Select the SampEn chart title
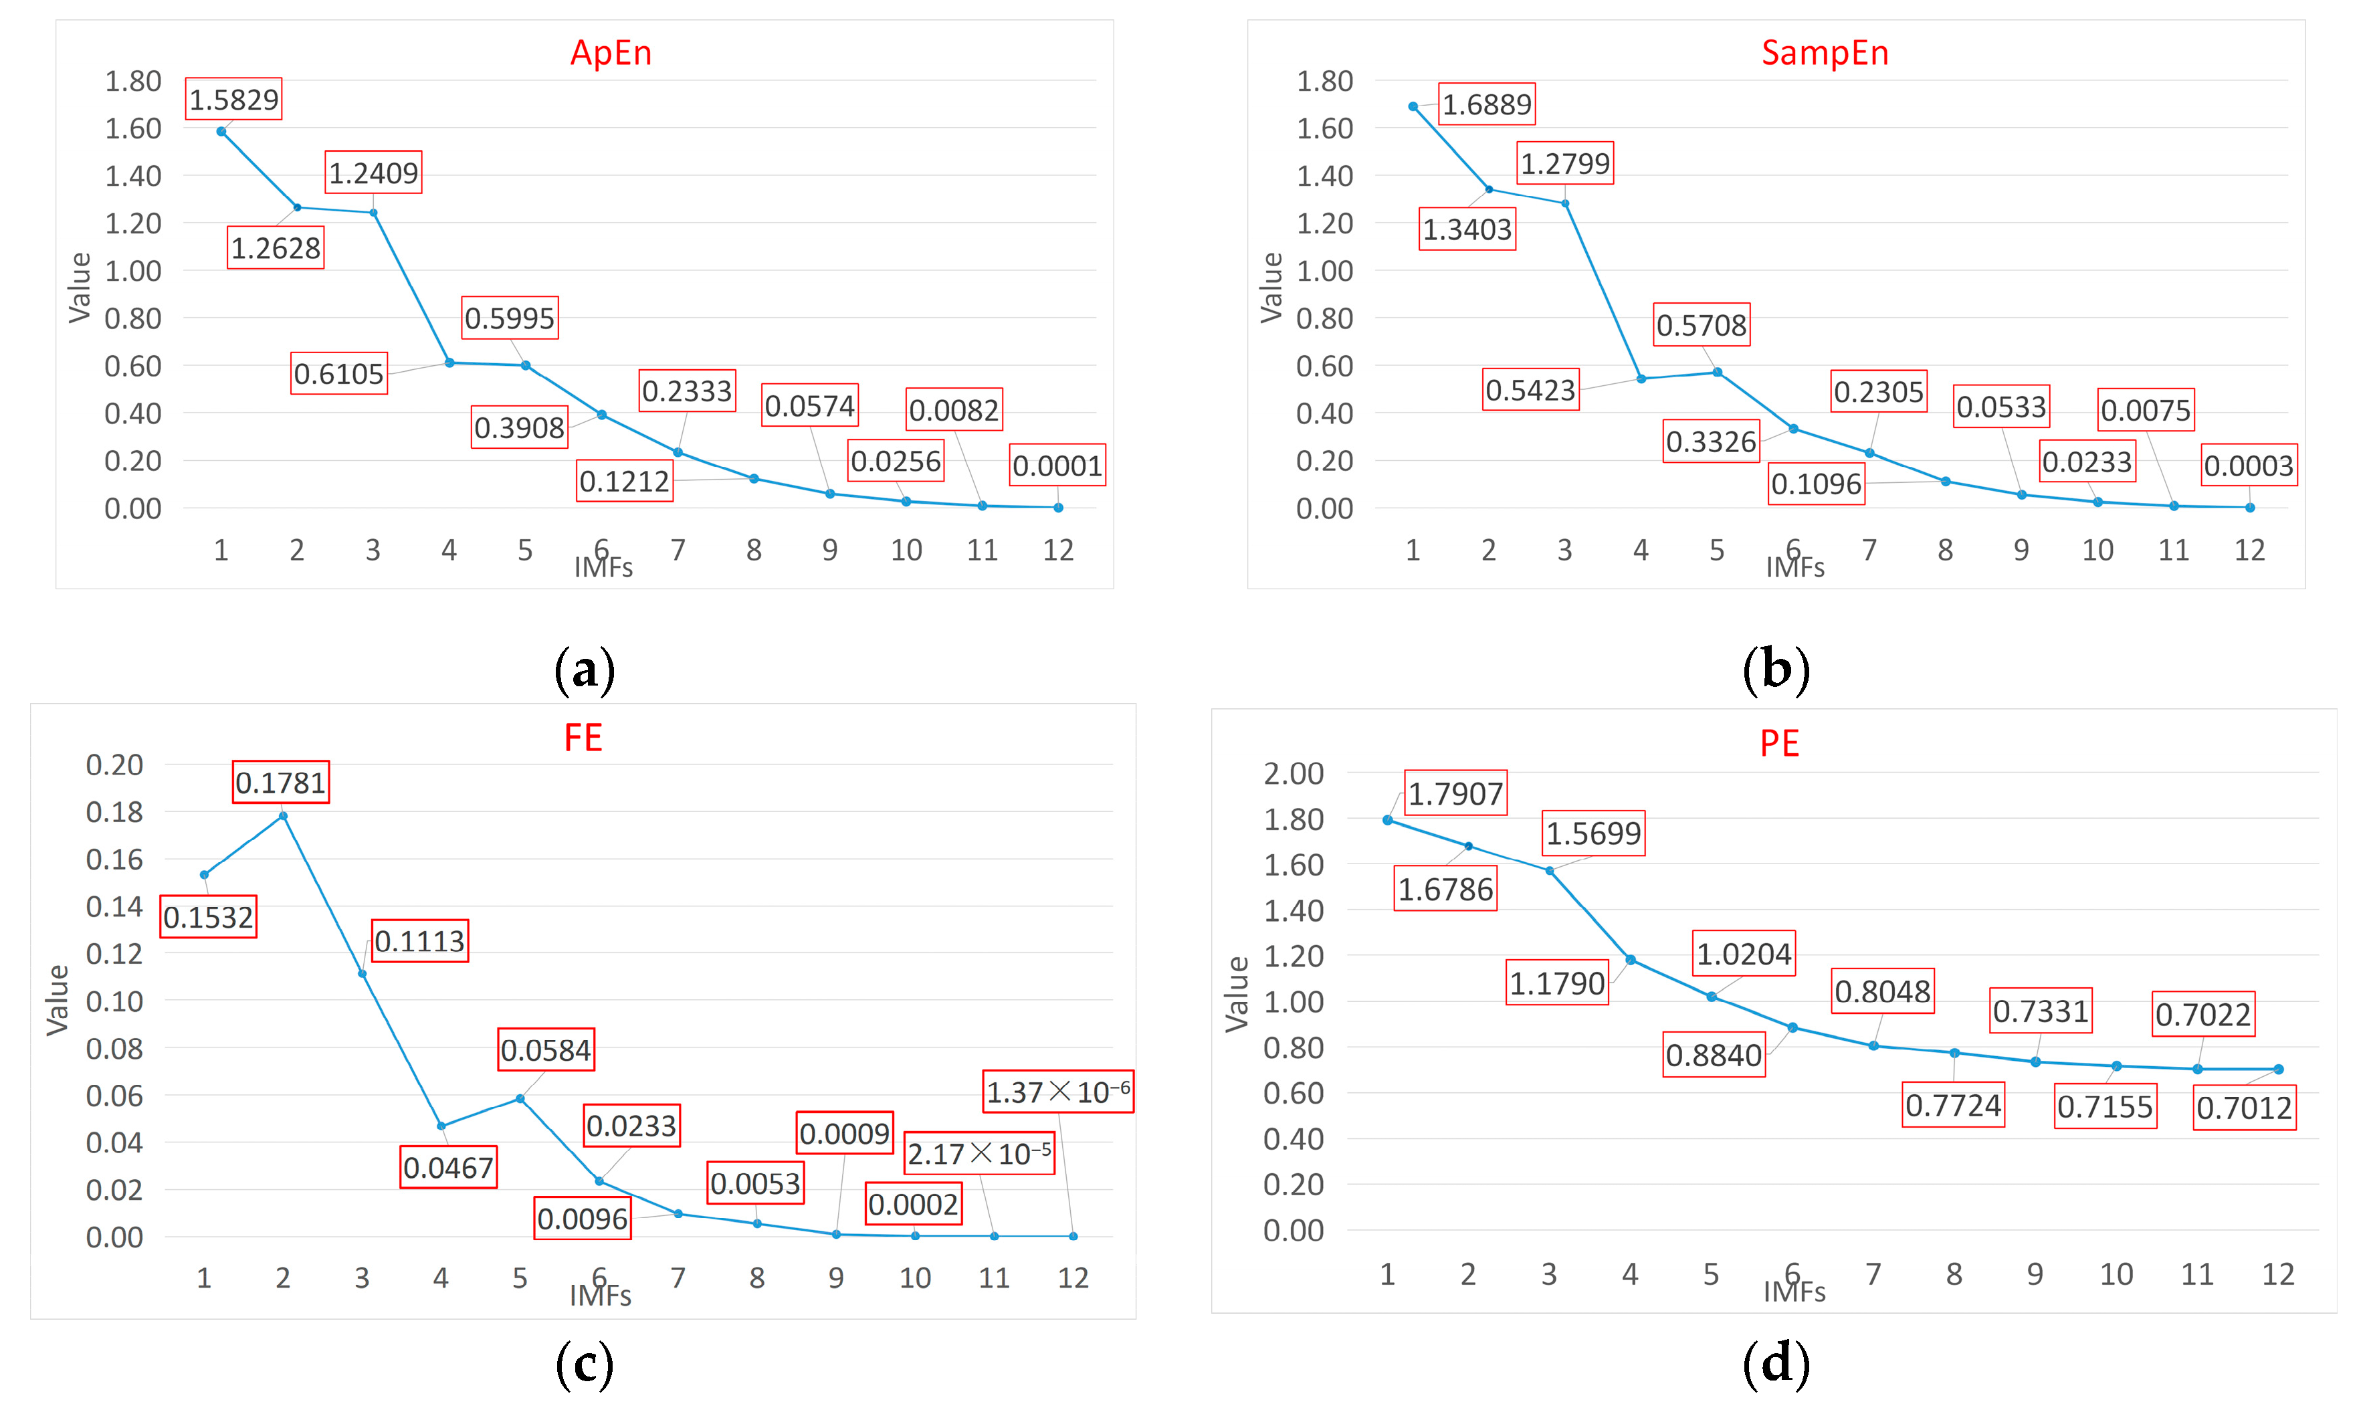click(1824, 53)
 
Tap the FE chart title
click(583, 738)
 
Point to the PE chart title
click(1779, 744)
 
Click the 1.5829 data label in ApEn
click(233, 100)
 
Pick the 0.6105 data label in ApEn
click(339, 374)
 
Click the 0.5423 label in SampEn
click(1530, 390)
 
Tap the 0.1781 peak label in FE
click(281, 783)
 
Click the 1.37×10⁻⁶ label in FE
click(1057, 1092)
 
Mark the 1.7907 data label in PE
click(1455, 793)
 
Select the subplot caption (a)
click(585, 670)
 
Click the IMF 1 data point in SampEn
click(1413, 107)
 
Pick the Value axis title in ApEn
click(80, 288)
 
